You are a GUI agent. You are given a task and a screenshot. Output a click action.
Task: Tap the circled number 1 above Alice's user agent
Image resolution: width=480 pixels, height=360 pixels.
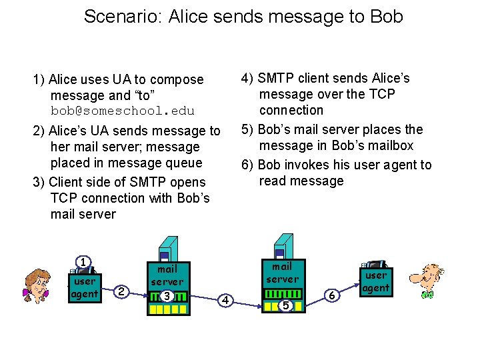[83, 262]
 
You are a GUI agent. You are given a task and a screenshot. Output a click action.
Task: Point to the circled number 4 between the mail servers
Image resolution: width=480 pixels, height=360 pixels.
[226, 301]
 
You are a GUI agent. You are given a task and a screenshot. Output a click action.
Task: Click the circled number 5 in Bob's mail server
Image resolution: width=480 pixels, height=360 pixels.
[285, 305]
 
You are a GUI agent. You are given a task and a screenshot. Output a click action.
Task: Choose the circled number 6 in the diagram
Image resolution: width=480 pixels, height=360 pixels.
[331, 294]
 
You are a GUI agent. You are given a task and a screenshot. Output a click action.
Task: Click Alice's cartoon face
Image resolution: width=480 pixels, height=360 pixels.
[37, 285]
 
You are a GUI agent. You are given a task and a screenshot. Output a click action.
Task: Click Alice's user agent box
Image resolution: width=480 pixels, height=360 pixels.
[85, 287]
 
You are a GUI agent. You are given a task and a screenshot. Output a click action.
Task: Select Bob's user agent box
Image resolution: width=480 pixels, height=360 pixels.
[376, 281]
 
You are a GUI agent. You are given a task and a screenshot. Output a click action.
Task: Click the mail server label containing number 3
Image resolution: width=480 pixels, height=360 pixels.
[167, 275]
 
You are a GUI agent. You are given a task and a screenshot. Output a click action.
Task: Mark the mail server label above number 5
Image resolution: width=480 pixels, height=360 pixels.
[283, 273]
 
